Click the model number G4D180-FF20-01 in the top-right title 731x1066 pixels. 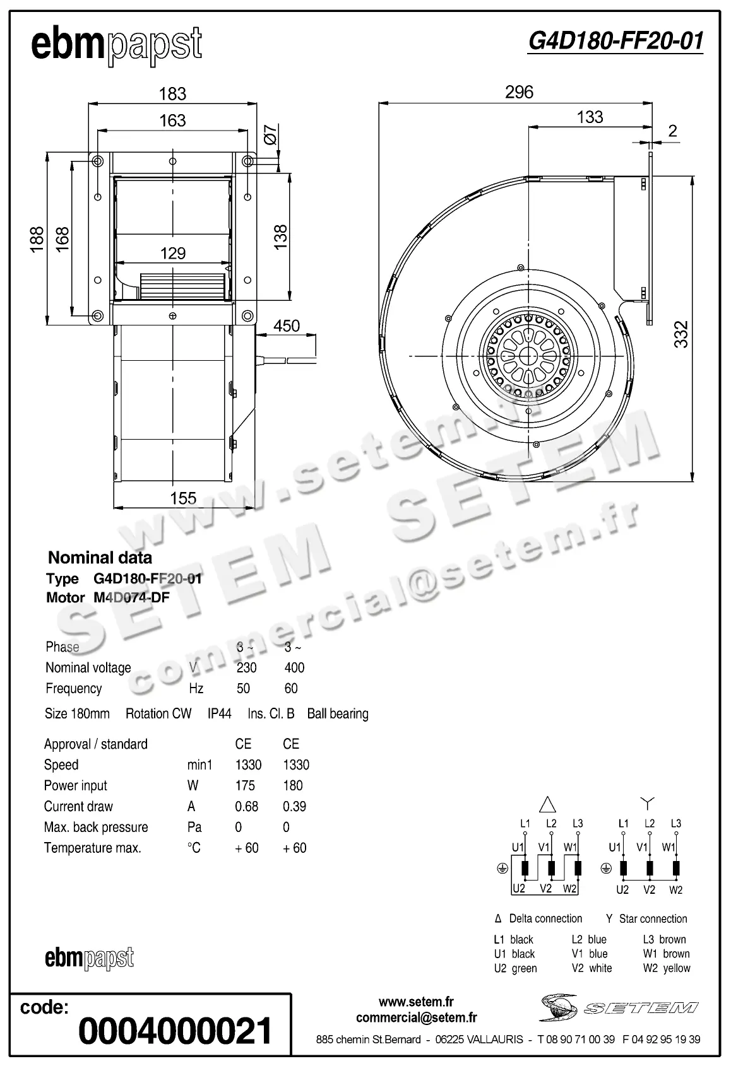click(x=615, y=41)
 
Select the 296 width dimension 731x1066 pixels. click(x=519, y=93)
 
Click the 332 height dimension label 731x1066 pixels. click(x=681, y=334)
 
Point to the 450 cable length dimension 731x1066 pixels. click(x=286, y=326)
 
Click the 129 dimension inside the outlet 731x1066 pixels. click(x=172, y=254)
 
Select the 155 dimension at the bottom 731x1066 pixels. click(x=183, y=498)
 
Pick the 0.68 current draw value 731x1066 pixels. click(x=246, y=807)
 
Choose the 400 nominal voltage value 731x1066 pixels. click(x=294, y=668)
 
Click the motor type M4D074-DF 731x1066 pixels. click(x=127, y=597)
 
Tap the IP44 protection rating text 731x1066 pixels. click(x=219, y=714)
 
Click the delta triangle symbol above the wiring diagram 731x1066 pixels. click(x=547, y=804)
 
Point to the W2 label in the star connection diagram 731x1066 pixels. click(x=676, y=890)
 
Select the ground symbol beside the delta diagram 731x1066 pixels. click(x=502, y=869)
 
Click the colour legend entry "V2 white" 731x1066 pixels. click(x=591, y=968)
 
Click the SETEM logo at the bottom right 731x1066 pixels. click(x=619, y=1007)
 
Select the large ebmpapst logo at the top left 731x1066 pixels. click(x=117, y=45)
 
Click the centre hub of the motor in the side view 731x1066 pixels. click(x=527, y=356)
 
